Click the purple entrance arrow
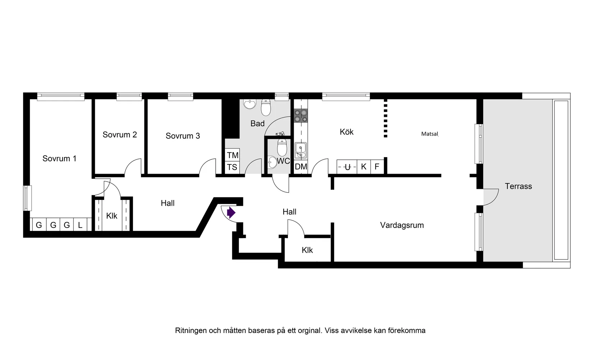(231, 213)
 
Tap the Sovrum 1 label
(59, 159)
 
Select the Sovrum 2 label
(120, 135)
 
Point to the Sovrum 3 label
(183, 136)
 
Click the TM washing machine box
(233, 155)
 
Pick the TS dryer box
(232, 167)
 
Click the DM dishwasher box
(301, 167)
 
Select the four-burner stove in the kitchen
(301, 116)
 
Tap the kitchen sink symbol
(300, 150)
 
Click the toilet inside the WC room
(282, 147)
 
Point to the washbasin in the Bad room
(249, 104)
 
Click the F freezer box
(377, 167)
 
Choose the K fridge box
(364, 167)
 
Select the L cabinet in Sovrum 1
(80, 225)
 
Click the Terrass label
(518, 186)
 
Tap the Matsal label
(429, 134)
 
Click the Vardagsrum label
(402, 225)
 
